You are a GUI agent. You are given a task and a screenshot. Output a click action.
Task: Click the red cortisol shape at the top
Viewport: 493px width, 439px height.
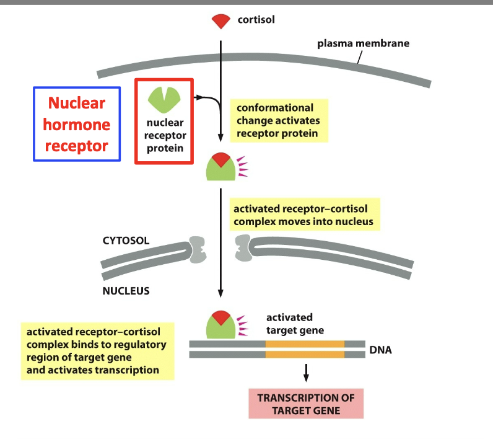[220, 22]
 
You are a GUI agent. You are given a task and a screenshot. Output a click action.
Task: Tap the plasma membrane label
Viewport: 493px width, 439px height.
[363, 44]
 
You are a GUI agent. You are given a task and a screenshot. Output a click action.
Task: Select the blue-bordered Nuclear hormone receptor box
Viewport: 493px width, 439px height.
[76, 124]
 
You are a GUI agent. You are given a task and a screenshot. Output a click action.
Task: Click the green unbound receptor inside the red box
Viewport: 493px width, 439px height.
[164, 99]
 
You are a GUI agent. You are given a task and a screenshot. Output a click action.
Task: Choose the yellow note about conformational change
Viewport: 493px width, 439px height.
[278, 121]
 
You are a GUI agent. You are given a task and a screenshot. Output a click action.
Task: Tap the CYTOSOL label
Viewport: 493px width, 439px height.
[126, 240]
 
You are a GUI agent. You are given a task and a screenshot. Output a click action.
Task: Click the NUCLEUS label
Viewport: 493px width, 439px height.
[126, 290]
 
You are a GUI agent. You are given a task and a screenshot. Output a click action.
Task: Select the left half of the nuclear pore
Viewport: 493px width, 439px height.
[198, 249]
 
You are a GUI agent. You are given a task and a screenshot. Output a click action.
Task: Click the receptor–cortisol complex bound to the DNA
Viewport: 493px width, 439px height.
[220, 325]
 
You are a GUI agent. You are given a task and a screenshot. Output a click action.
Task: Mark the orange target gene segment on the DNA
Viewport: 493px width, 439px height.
[305, 349]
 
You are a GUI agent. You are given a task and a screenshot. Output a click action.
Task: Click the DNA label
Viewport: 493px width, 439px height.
[380, 350]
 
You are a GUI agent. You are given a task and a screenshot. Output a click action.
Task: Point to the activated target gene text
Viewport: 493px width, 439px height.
[295, 324]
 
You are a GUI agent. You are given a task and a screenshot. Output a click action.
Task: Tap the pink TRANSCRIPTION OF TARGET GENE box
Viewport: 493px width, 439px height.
[306, 403]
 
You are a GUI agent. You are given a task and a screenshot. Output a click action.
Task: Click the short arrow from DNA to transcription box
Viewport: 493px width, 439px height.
[306, 372]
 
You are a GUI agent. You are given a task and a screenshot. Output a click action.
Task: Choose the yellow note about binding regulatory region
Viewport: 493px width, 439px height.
[97, 350]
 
